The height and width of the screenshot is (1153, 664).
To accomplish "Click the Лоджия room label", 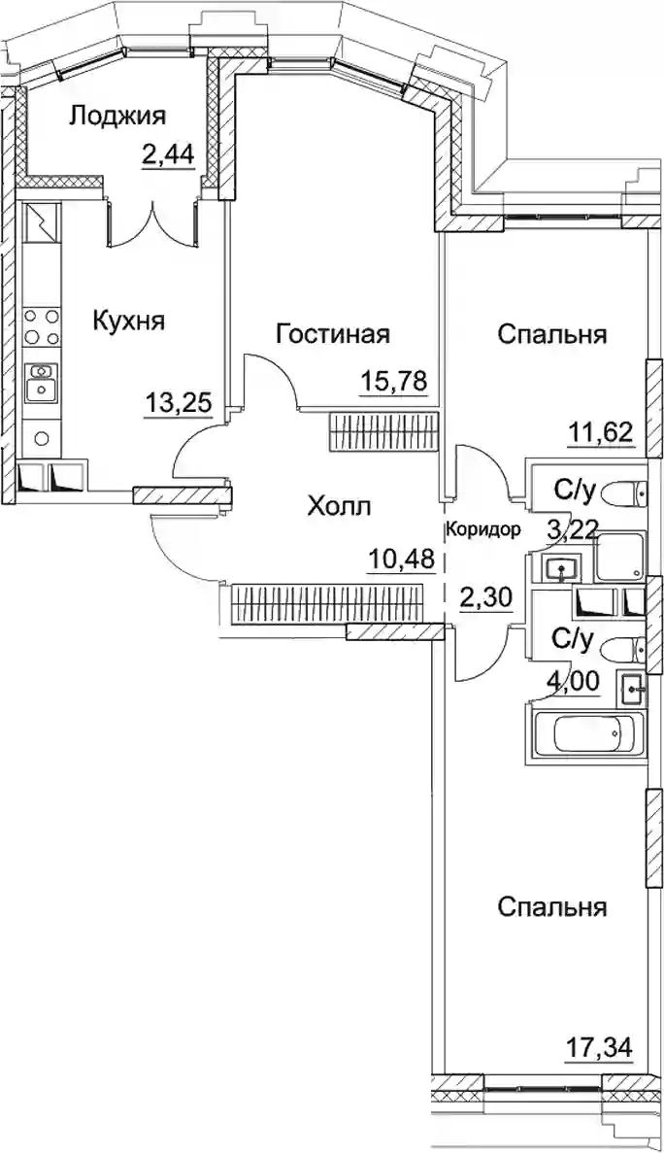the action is (x=117, y=116).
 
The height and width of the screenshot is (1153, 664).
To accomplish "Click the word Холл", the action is (x=340, y=506).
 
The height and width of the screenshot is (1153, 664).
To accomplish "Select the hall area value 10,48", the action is (x=400, y=560).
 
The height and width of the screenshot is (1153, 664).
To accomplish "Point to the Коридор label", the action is (x=484, y=528).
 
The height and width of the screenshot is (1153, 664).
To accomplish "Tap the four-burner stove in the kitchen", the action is (x=42, y=326).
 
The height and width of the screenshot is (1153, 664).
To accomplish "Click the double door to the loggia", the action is (x=152, y=220).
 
